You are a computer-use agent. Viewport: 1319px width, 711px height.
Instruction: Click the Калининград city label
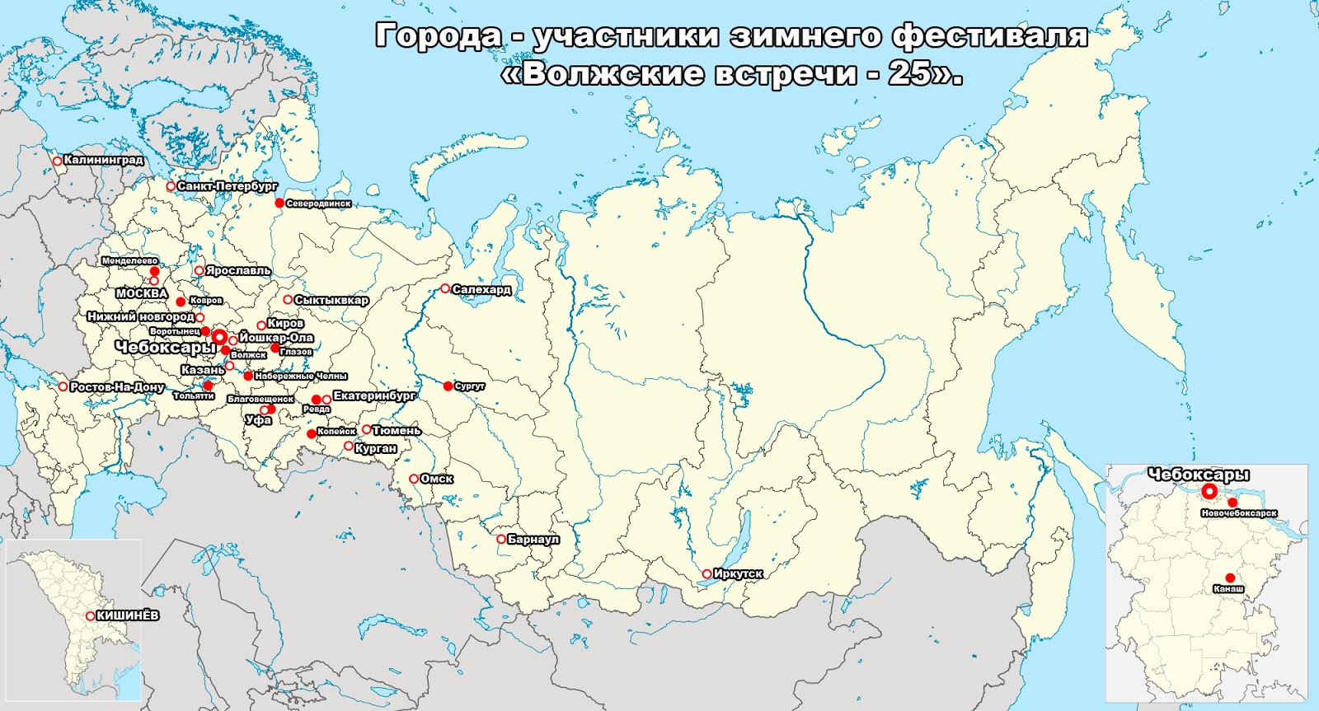(x=104, y=160)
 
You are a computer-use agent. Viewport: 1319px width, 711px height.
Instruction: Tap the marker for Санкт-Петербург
(x=171, y=186)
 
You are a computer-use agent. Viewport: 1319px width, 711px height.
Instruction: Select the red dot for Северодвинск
(x=279, y=203)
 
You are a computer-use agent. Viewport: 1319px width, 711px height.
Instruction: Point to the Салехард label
(x=482, y=289)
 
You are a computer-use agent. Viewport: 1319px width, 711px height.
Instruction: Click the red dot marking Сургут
(x=448, y=386)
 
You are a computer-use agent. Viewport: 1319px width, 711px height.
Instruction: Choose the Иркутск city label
(x=739, y=573)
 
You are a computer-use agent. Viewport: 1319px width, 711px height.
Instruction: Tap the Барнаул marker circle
(x=501, y=539)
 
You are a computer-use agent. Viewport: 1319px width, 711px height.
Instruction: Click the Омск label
(x=437, y=479)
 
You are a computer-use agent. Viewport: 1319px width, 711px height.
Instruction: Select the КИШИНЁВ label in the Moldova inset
(x=128, y=615)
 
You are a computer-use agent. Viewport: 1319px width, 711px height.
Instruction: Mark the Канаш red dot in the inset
(x=1230, y=578)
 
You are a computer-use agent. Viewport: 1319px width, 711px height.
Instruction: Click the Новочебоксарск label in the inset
(x=1239, y=513)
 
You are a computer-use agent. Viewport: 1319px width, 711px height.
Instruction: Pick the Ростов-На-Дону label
(x=117, y=386)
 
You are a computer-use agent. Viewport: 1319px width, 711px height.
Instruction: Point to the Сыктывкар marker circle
(x=289, y=300)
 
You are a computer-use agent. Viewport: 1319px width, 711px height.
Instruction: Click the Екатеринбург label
(x=375, y=396)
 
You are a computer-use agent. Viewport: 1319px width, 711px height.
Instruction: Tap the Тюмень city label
(x=397, y=430)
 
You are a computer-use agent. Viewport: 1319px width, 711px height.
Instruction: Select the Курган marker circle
(x=349, y=446)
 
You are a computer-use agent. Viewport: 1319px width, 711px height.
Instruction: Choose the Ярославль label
(x=238, y=270)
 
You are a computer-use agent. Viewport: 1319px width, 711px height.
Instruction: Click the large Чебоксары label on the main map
(x=165, y=348)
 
